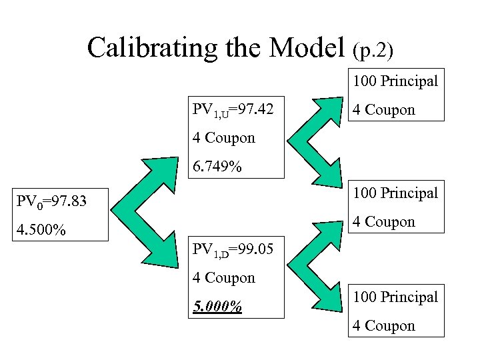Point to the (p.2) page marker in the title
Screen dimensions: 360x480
(x=373, y=49)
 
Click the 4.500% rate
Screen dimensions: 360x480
(x=41, y=230)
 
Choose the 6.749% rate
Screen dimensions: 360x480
(x=217, y=166)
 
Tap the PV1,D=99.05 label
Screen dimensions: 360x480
(x=237, y=250)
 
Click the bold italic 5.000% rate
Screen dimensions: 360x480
(x=217, y=307)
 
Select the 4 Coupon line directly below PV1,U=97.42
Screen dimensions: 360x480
(x=224, y=138)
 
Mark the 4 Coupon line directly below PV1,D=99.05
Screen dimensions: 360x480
(x=224, y=278)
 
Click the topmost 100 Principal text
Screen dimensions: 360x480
(x=395, y=81)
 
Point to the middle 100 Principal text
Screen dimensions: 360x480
(x=395, y=193)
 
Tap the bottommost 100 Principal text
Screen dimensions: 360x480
(x=395, y=297)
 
